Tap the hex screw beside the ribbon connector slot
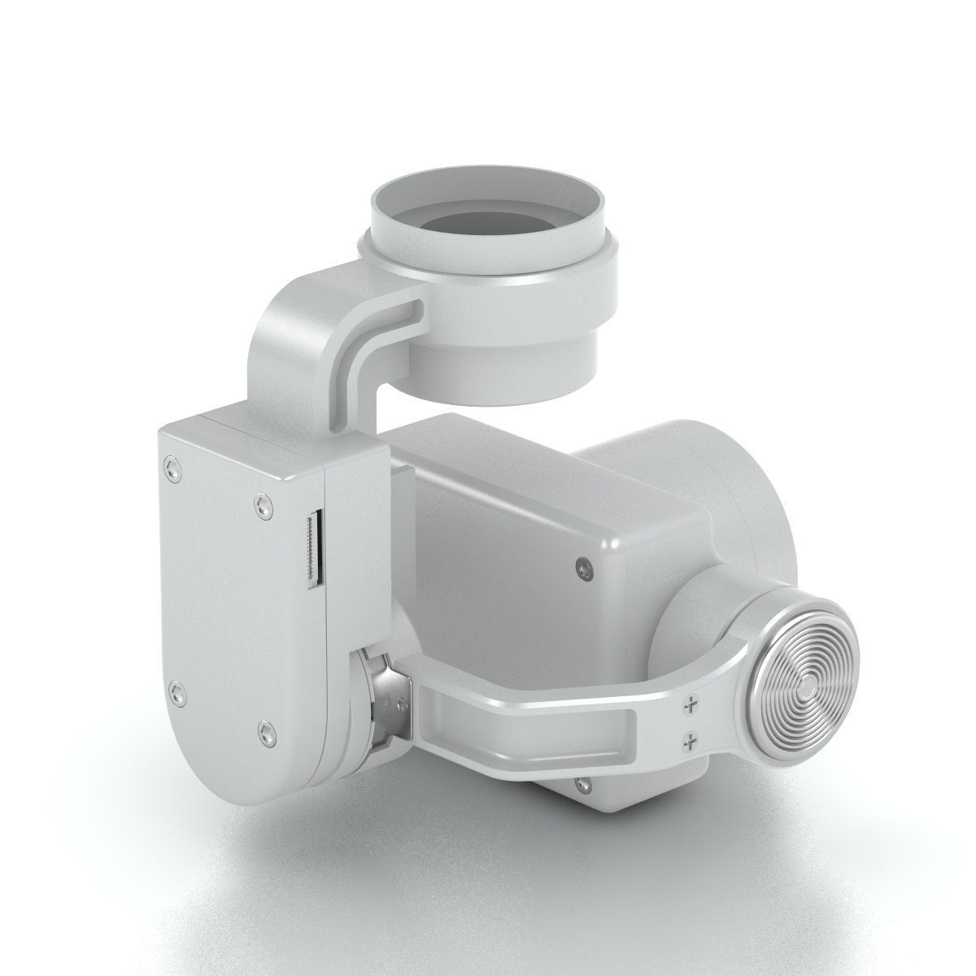(x=259, y=505)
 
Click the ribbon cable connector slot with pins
(x=314, y=550)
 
